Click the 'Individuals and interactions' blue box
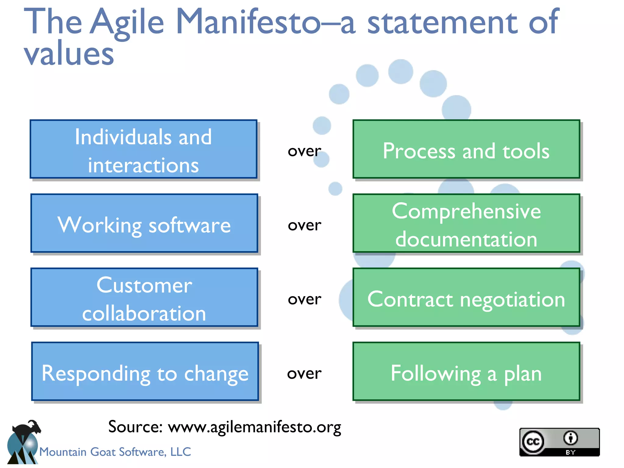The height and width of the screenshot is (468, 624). [x=143, y=149]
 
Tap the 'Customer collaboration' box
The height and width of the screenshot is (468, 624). [x=144, y=297]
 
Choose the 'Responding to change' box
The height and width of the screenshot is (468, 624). [x=145, y=371]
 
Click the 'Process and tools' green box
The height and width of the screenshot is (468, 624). [x=466, y=149]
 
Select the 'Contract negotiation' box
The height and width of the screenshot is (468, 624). [x=466, y=297]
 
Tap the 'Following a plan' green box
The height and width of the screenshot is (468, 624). [x=466, y=371]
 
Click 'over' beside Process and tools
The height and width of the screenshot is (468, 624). [x=304, y=151]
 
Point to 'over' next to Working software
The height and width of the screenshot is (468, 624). [x=304, y=225]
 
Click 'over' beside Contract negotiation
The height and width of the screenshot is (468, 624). [x=304, y=299]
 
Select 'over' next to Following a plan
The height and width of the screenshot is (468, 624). [x=304, y=374]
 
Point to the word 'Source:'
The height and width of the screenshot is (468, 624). [x=135, y=427]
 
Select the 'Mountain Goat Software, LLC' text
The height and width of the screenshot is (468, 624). [x=115, y=452]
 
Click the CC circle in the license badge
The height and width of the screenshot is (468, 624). [x=533, y=441]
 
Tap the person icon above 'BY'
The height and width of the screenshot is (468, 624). [x=570, y=438]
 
